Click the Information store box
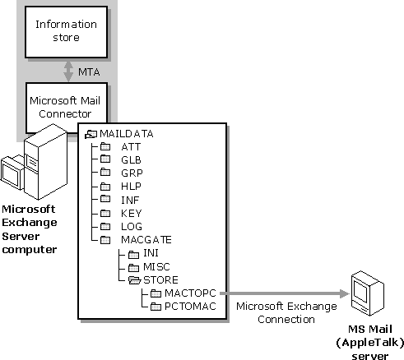[x=66, y=32]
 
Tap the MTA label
[x=89, y=72]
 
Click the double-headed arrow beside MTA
[x=68, y=72]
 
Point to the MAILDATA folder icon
[x=91, y=134]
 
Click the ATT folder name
[x=131, y=147]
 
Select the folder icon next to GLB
[x=105, y=159]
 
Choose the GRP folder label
[x=132, y=173]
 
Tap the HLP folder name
[x=131, y=187]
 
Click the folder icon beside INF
[x=105, y=199]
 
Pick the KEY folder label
[x=132, y=213]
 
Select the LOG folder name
[x=132, y=227]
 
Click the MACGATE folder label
[x=146, y=240]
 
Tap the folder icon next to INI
[x=133, y=255]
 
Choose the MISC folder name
[x=156, y=266]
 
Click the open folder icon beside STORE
[x=134, y=280]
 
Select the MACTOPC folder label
[x=190, y=293]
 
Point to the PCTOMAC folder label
[x=190, y=307]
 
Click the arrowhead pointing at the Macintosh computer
[x=345, y=293]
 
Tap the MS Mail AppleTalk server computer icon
[x=368, y=293]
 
